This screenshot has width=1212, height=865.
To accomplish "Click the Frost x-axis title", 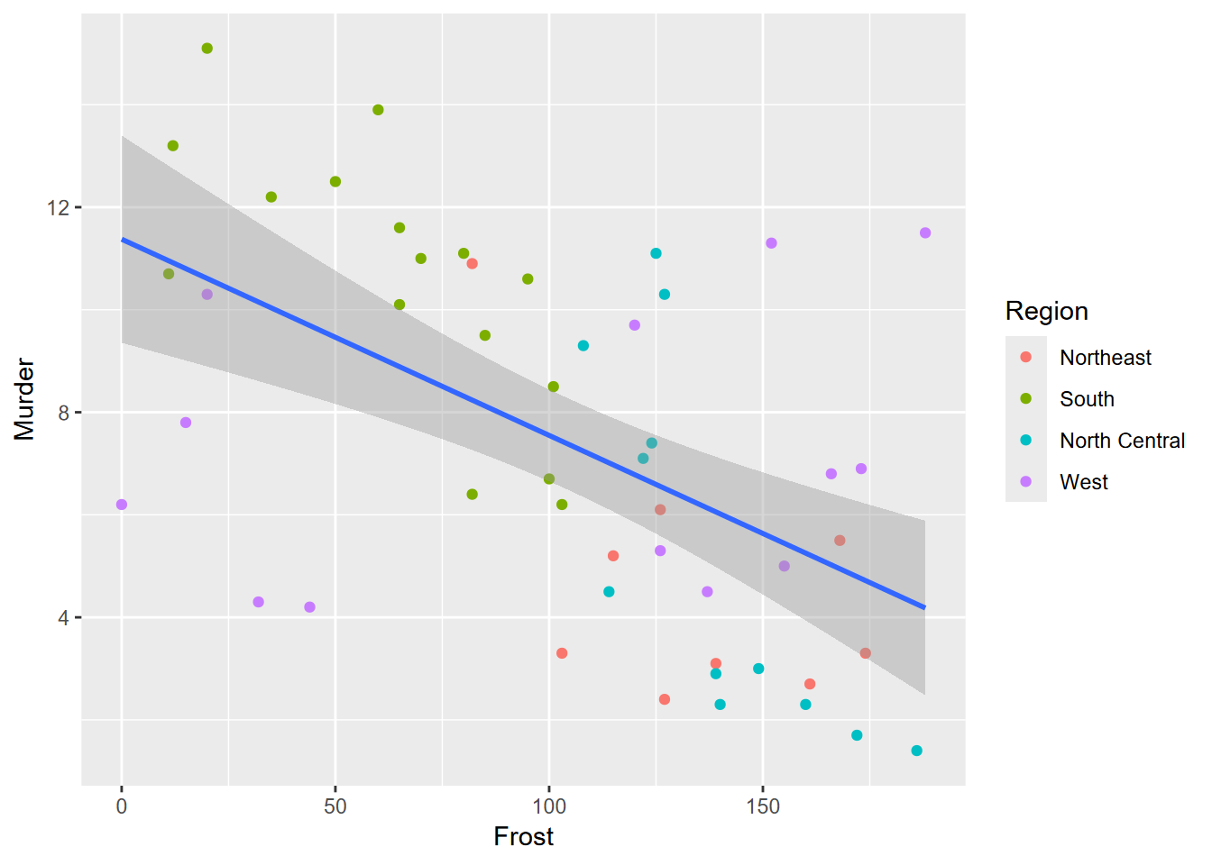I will tap(523, 837).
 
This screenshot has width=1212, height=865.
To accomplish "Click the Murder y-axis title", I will tap(24, 399).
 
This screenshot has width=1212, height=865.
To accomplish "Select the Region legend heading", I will tap(1046, 311).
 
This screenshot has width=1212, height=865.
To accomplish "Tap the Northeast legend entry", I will tap(1105, 358).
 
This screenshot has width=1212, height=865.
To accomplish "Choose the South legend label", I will tap(1087, 399).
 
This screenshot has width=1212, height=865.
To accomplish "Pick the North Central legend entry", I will tap(1122, 441).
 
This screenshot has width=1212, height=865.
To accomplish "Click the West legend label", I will tap(1083, 482).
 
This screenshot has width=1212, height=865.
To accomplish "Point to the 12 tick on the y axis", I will tap(58, 208).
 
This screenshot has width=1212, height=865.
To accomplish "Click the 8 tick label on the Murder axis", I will tap(63, 413).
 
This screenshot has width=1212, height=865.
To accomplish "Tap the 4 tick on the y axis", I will tap(63, 618).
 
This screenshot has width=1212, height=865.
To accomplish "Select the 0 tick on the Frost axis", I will tap(122, 806).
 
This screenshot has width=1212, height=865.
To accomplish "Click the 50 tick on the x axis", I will tap(335, 806).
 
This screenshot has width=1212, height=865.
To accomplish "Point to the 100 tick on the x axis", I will tap(549, 806).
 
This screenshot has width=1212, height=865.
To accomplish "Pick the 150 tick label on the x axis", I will tap(763, 806).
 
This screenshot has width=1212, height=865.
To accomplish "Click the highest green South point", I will tap(207, 49).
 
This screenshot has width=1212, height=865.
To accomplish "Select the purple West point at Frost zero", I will tap(122, 505).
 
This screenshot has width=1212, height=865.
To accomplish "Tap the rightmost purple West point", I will tap(925, 233).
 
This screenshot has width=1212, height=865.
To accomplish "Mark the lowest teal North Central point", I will tap(916, 751).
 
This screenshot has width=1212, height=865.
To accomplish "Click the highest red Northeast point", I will tap(472, 264).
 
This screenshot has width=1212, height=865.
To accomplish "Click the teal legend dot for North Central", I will tap(1026, 441).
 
